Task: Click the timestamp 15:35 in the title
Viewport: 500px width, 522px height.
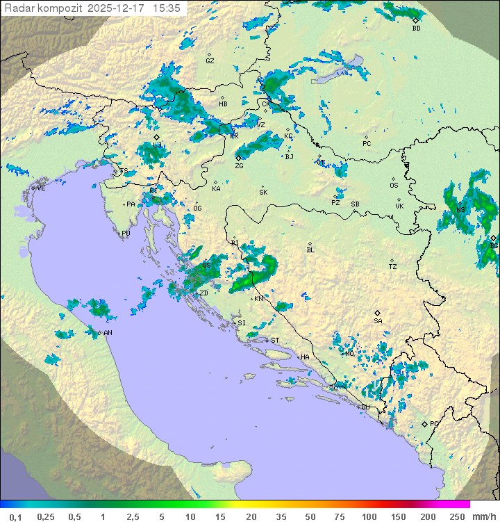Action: pyautogui.click(x=167, y=8)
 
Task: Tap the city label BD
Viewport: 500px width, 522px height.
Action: pyautogui.click(x=416, y=28)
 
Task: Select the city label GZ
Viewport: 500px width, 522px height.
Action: pyautogui.click(x=210, y=61)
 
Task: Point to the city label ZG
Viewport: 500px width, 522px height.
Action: pyautogui.click(x=239, y=166)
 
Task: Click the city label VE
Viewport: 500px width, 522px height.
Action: pyautogui.click(x=41, y=188)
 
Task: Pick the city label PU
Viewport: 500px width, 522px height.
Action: pyautogui.click(x=126, y=234)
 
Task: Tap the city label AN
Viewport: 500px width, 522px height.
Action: pyautogui.click(x=108, y=333)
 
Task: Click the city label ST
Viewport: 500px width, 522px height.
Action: pyautogui.click(x=275, y=341)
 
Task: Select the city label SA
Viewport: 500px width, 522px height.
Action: pyautogui.click(x=378, y=321)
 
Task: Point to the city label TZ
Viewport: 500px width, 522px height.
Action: pyautogui.click(x=393, y=267)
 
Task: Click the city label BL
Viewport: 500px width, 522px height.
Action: pyautogui.click(x=310, y=250)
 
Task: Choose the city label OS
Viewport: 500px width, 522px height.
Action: pyautogui.click(x=394, y=186)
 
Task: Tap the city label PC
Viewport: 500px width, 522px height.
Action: pyautogui.click(x=367, y=144)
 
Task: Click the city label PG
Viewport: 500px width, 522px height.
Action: pyautogui.click(x=435, y=423)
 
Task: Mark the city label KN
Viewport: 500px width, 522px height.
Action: pyautogui.click(x=258, y=299)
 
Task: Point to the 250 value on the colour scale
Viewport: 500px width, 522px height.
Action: pyautogui.click(x=456, y=516)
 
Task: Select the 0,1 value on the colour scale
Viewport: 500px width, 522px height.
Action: pyautogui.click(x=15, y=516)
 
